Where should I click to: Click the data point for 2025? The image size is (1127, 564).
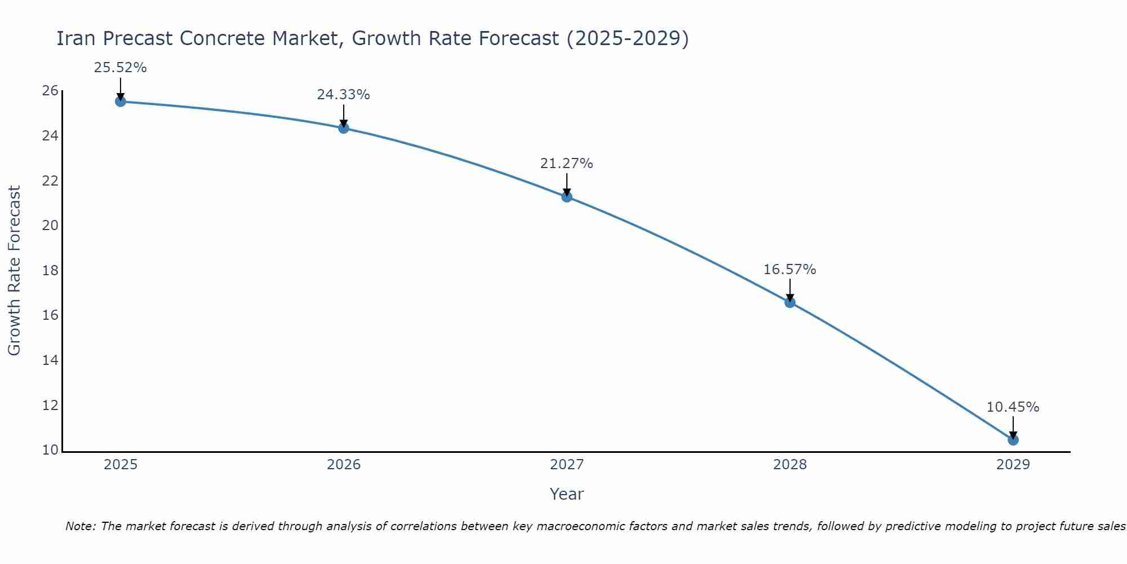tap(120, 102)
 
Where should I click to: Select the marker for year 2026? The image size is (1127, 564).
tap(343, 128)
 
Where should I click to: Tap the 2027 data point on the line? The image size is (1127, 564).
tap(566, 197)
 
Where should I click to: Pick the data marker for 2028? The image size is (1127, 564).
tap(789, 302)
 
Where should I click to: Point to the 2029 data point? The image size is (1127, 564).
tap(1013, 440)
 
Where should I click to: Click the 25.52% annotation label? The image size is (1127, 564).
tap(120, 68)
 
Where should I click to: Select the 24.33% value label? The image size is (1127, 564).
tap(343, 95)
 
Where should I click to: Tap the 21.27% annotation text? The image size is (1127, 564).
tap(566, 164)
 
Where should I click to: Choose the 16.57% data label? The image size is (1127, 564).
tap(789, 270)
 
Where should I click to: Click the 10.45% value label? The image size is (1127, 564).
tap(1013, 407)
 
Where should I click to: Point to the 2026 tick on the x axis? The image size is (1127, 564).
tap(344, 465)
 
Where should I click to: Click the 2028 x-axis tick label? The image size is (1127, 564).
tap(790, 465)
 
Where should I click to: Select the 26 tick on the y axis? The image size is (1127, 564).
tap(50, 91)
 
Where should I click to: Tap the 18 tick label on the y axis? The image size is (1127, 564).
tap(50, 270)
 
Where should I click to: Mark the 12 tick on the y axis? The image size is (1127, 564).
tap(50, 405)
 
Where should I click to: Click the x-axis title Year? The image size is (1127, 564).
tap(566, 494)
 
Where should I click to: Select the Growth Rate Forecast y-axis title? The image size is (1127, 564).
tap(14, 271)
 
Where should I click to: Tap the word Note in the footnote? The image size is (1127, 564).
tap(80, 526)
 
